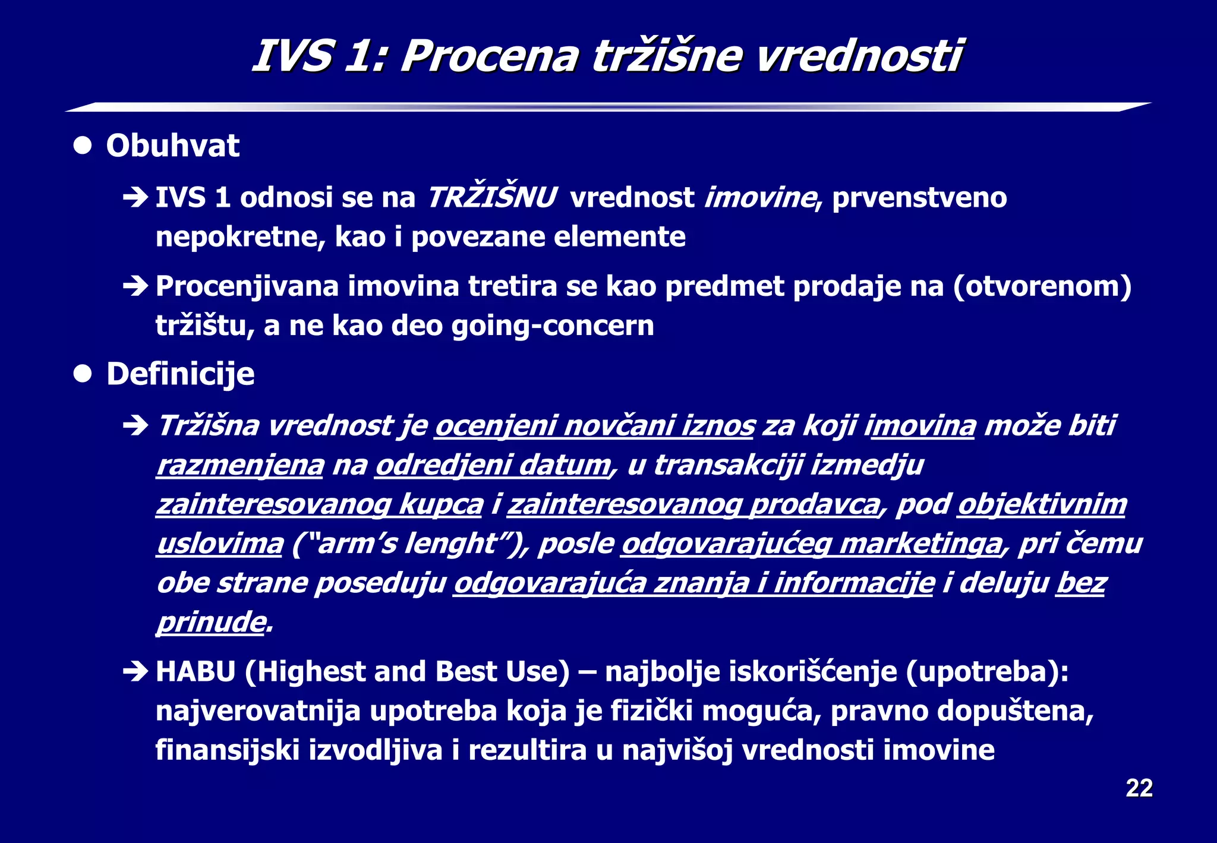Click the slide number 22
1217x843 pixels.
pyautogui.click(x=1139, y=788)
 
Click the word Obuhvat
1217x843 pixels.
pyautogui.click(x=172, y=146)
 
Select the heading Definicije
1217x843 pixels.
pyautogui.click(x=180, y=374)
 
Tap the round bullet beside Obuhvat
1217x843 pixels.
pyautogui.click(x=83, y=146)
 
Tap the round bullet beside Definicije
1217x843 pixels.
pyautogui.click(x=83, y=374)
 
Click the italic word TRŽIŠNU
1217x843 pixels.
pyautogui.click(x=491, y=197)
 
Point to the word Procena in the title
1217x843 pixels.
pyautogui.click(x=489, y=56)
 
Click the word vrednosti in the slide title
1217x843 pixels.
pyautogui.click(x=858, y=56)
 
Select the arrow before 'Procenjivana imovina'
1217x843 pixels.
pyautogui.click(x=135, y=286)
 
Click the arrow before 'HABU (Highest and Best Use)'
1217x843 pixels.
pyautogui.click(x=135, y=672)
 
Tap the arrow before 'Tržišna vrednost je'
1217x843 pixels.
pyautogui.click(x=135, y=425)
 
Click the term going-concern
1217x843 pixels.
pyautogui.click(x=553, y=326)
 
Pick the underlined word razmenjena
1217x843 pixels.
pyautogui.click(x=240, y=465)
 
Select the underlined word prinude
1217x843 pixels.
pyautogui.click(x=210, y=622)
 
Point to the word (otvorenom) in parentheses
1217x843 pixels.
pyautogui.click(x=1042, y=286)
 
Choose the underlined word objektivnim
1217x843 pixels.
pyautogui.click(x=1042, y=504)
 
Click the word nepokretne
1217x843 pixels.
pyautogui.click(x=240, y=236)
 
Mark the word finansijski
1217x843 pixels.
pyautogui.click(x=227, y=750)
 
